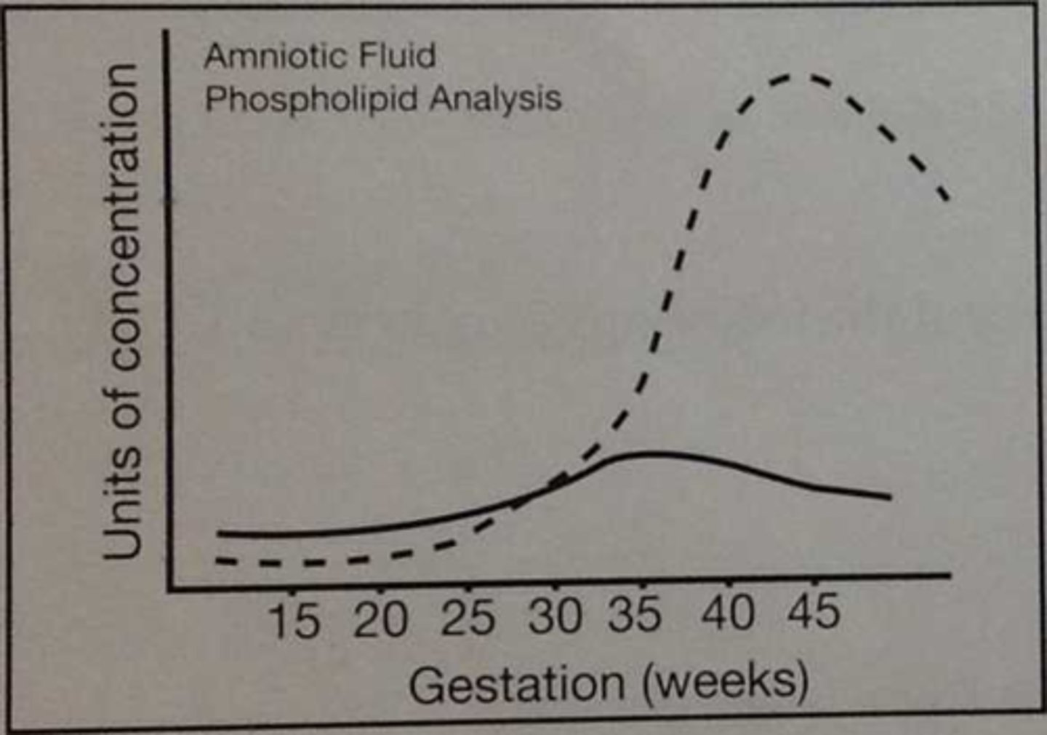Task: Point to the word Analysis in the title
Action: [x=495, y=99]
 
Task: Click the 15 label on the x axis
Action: [x=294, y=621]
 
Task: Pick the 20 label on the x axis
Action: [x=380, y=621]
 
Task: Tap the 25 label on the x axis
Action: [x=468, y=619]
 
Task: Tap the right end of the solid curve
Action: [x=890, y=497]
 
